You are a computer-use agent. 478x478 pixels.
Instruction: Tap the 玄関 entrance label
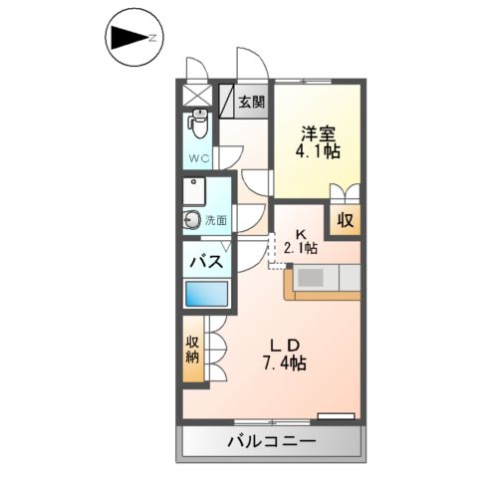252,101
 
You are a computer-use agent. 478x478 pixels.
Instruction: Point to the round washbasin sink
191,221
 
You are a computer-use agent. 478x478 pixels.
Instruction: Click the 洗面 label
216,221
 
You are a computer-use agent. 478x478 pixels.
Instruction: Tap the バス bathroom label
206,263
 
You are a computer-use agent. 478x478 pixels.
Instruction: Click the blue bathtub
206,296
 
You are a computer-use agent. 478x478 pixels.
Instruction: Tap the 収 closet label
345,220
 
